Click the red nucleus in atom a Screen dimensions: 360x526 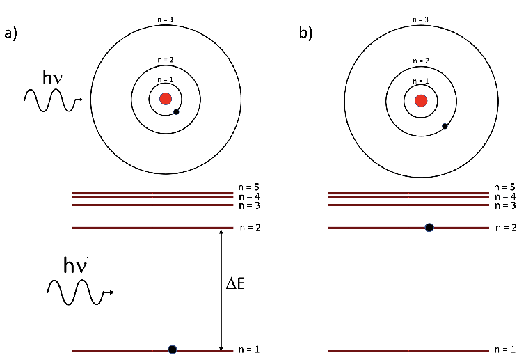[166, 98]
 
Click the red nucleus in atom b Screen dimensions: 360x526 [421, 100]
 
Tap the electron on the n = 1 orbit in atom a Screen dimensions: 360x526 [176, 111]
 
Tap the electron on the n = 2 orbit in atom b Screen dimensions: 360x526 [445, 126]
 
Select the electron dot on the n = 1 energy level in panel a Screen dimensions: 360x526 [172, 350]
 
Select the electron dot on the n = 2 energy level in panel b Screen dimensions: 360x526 [429, 228]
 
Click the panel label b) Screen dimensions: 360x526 [306, 33]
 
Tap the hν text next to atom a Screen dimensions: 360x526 [52, 77]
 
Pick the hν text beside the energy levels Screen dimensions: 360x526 [77, 265]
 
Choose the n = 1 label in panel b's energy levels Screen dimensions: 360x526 [506, 350]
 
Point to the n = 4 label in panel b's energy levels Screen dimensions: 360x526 [506, 196]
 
